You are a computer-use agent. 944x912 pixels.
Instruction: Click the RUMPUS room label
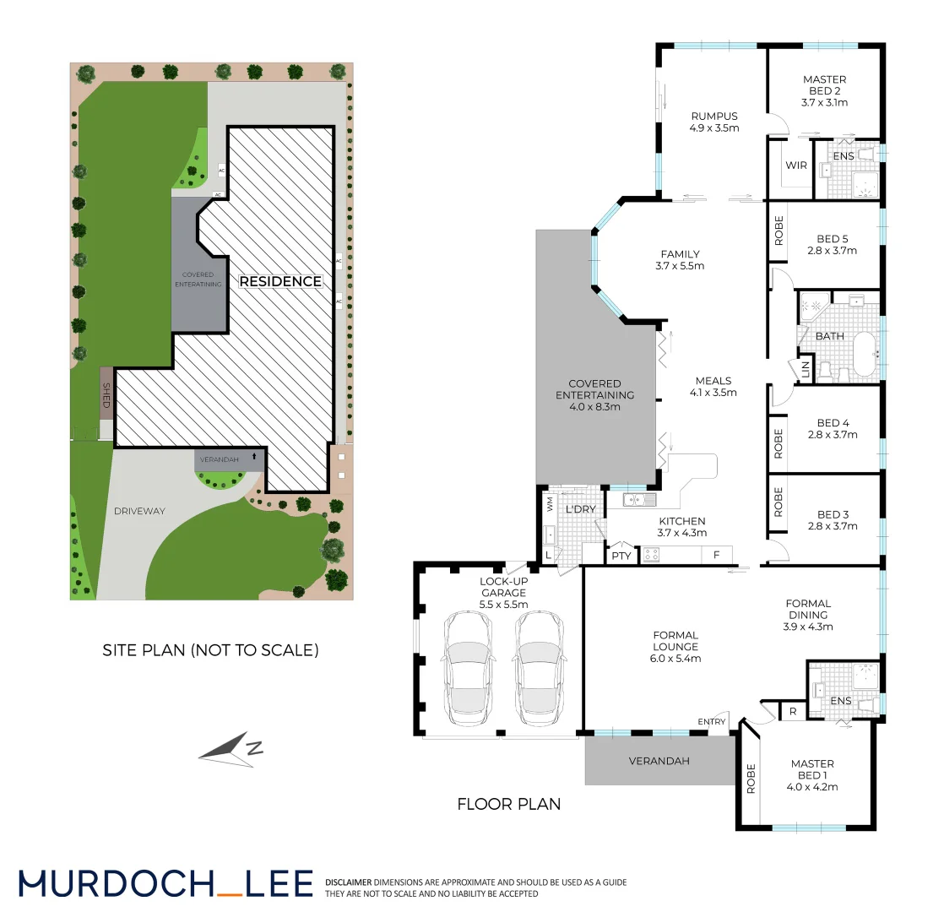(x=714, y=117)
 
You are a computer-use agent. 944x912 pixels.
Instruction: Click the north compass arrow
(x=230, y=749)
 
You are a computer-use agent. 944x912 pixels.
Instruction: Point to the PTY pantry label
(x=621, y=556)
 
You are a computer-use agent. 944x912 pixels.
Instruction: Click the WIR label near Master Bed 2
(x=797, y=165)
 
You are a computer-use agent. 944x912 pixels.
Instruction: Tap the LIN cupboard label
(x=806, y=369)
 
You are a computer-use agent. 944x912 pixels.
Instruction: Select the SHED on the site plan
(x=106, y=396)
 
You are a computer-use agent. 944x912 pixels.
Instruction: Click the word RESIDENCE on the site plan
(x=281, y=281)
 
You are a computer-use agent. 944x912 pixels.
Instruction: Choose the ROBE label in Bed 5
(x=779, y=231)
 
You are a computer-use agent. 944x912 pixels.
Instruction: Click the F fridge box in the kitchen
(x=716, y=555)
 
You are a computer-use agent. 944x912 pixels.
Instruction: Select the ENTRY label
(x=711, y=721)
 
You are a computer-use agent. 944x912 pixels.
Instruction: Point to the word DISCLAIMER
(x=348, y=882)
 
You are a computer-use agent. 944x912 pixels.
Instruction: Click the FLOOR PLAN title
(x=508, y=804)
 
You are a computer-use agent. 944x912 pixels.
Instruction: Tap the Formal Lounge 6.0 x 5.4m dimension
(x=675, y=659)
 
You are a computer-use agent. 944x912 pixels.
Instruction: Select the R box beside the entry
(x=793, y=711)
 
